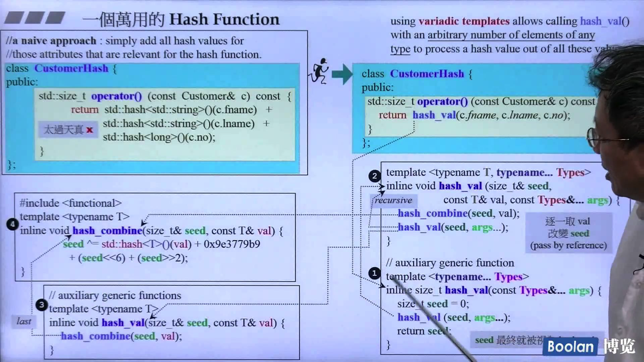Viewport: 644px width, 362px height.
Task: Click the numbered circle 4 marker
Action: click(x=12, y=224)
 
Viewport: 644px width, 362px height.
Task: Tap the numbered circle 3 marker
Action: click(x=41, y=305)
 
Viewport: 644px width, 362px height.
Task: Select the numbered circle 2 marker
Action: click(x=374, y=176)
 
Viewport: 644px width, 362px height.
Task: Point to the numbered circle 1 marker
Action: click(x=374, y=273)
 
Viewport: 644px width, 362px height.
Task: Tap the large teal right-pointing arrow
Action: click(x=342, y=74)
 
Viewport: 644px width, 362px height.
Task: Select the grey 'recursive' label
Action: click(x=393, y=200)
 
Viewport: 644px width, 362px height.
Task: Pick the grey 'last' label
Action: click(x=23, y=321)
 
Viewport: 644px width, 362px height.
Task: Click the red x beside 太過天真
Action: click(x=89, y=130)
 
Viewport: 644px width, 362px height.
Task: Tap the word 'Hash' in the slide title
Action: click(x=189, y=19)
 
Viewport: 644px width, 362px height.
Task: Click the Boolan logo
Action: click(x=570, y=347)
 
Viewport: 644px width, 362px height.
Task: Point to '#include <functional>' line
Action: click(x=70, y=203)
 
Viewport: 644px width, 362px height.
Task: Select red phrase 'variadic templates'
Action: click(x=464, y=21)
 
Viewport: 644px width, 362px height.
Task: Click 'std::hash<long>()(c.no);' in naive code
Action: click(x=159, y=137)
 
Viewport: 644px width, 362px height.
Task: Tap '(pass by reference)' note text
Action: click(x=569, y=245)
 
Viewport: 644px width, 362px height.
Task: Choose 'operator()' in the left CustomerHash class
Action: click(x=116, y=96)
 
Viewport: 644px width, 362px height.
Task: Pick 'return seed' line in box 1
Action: click(x=424, y=331)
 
